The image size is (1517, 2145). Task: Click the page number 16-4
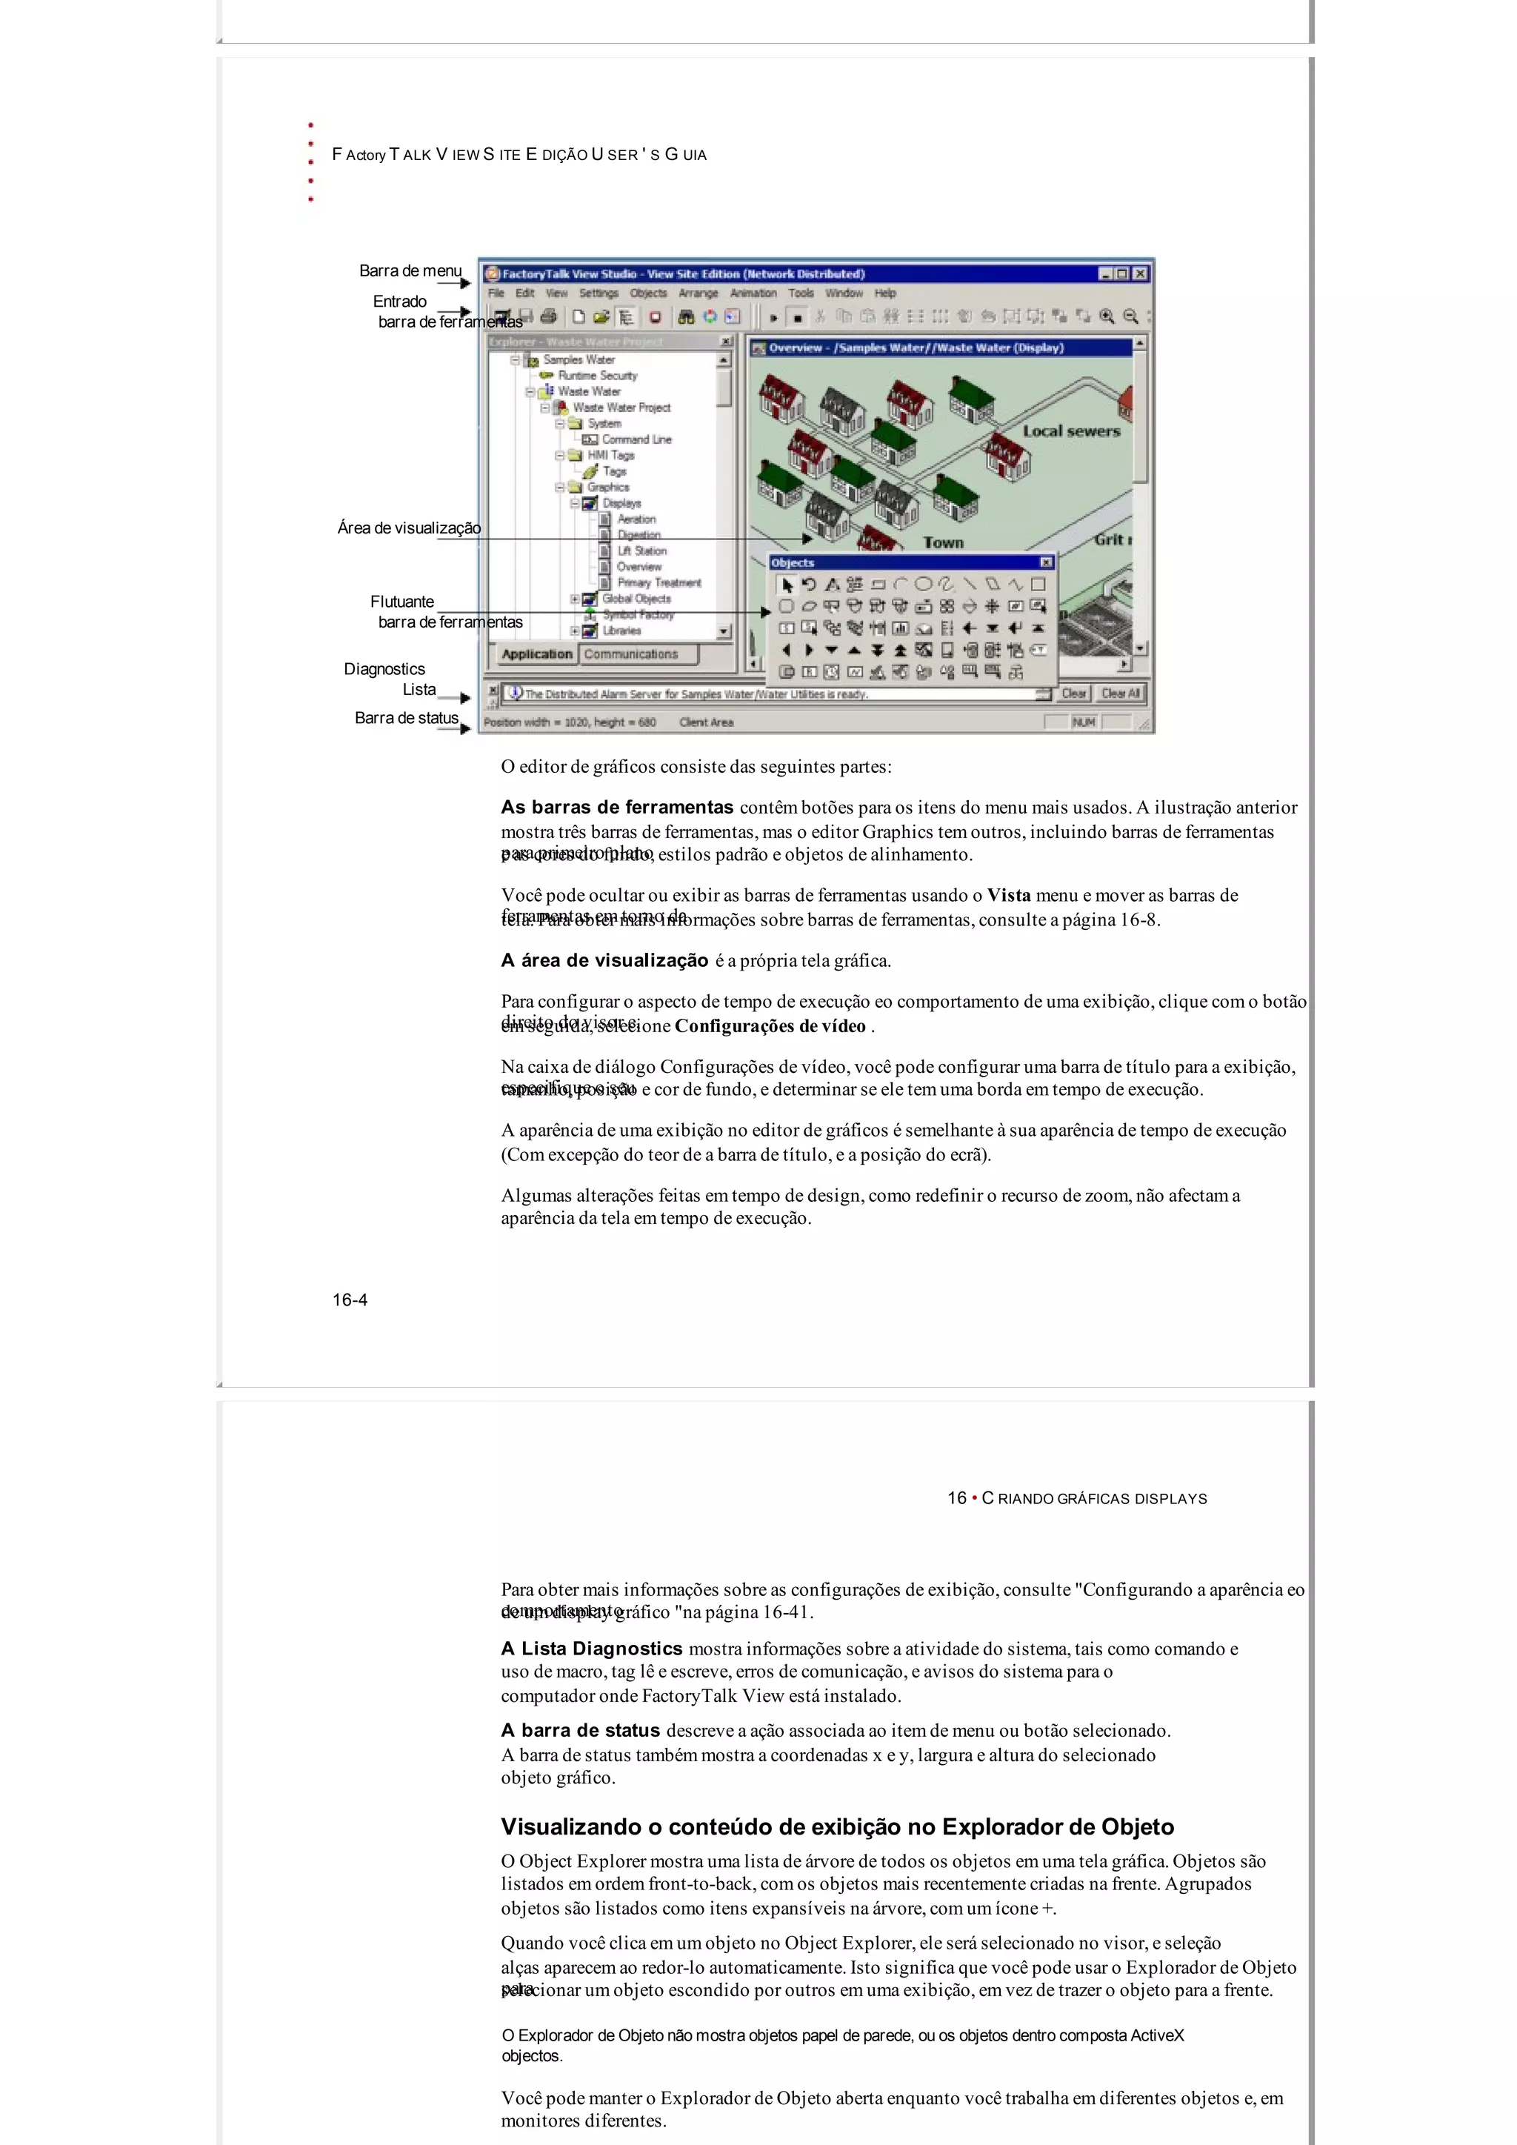coord(350,1300)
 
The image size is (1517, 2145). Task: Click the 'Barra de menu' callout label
coord(410,271)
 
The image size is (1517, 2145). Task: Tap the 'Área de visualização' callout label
coord(408,528)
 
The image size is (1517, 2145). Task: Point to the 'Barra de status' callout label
coord(407,717)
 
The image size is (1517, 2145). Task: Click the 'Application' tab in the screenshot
coord(536,654)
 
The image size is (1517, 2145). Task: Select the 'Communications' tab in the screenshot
coord(631,654)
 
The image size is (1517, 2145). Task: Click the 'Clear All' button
coord(1120,694)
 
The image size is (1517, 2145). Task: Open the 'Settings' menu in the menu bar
coord(598,293)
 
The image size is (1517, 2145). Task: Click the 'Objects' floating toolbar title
coord(793,562)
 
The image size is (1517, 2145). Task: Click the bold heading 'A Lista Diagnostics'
coord(591,1649)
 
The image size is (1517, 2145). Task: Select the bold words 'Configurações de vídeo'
coord(770,1025)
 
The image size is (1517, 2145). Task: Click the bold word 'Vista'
coord(1009,895)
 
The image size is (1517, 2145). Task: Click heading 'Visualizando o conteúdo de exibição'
coord(837,1827)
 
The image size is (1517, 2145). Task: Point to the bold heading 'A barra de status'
coord(580,1730)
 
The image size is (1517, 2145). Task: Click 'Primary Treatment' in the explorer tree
coord(659,583)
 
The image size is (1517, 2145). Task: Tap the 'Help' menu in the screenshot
coord(884,293)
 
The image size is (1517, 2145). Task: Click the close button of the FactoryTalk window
coord(1140,273)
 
